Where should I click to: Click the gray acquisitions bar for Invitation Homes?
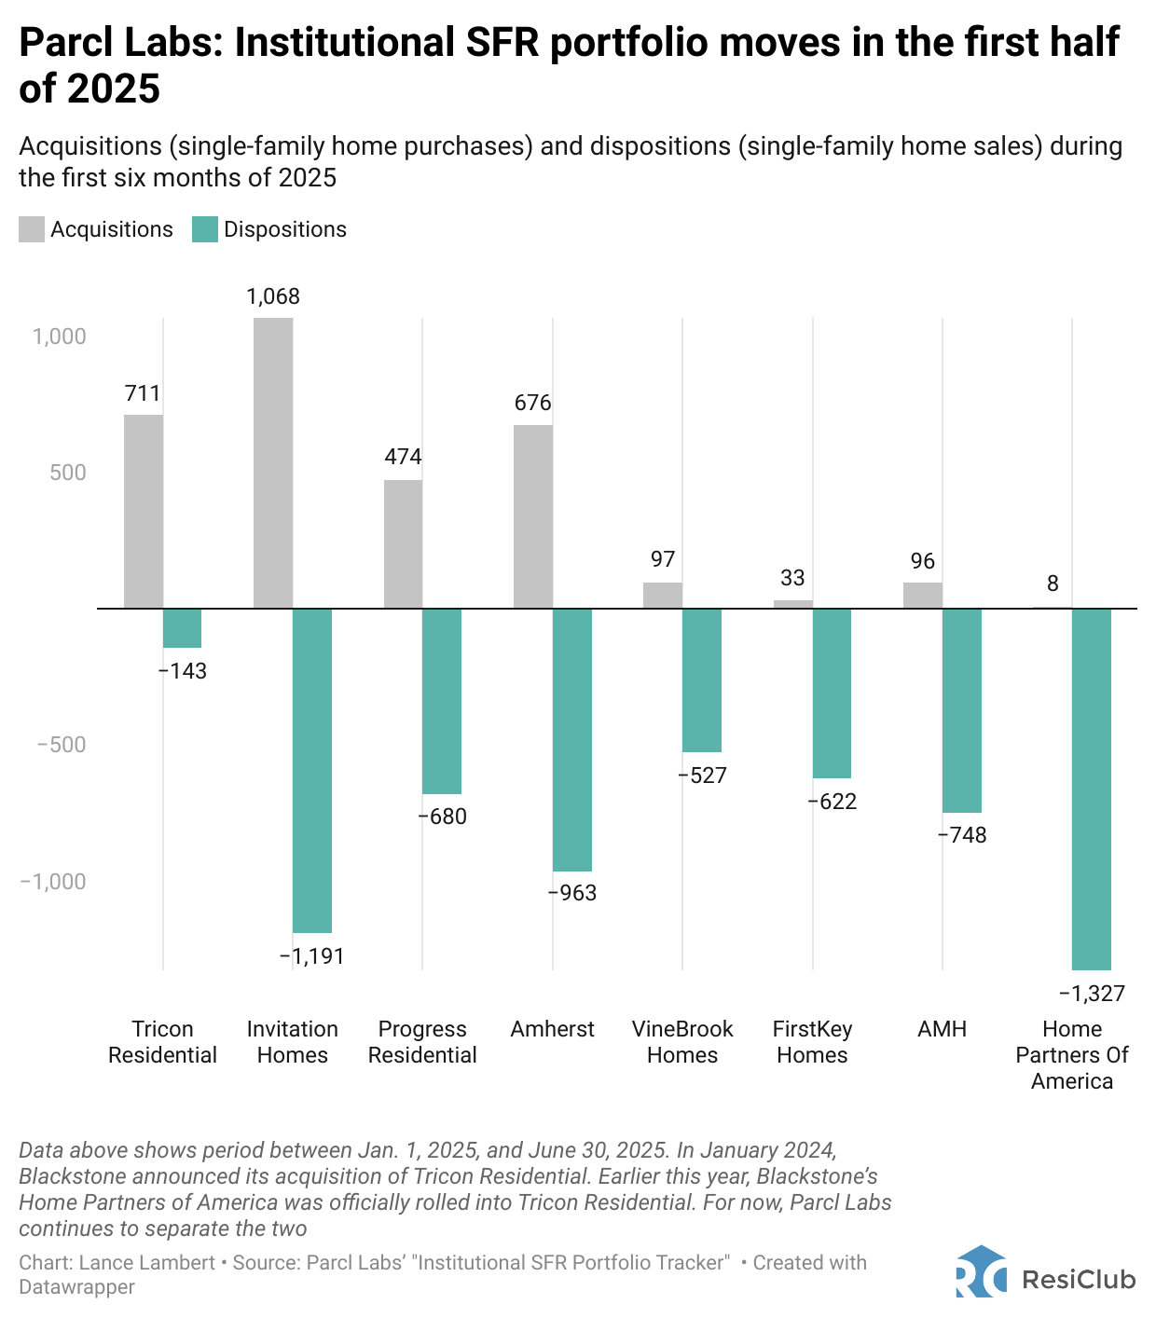click(273, 462)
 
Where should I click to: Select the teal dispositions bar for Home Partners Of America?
click(1092, 789)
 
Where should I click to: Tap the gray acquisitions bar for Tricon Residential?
click(144, 511)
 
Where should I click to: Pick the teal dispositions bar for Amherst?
click(572, 739)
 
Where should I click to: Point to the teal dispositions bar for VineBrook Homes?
click(702, 680)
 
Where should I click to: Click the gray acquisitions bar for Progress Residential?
click(403, 543)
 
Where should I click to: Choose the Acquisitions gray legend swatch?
click(32, 229)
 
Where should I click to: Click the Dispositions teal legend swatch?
click(205, 229)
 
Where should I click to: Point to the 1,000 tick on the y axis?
click(60, 336)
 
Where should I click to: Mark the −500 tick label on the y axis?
click(62, 745)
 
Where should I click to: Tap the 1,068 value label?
click(273, 296)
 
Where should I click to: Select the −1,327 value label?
click(1092, 994)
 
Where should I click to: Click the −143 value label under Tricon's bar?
click(183, 671)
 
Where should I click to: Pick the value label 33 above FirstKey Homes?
click(792, 578)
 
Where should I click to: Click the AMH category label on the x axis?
click(942, 1029)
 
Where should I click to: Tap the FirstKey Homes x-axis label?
click(812, 1042)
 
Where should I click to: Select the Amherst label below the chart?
click(552, 1029)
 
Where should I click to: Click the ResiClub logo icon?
click(981, 1272)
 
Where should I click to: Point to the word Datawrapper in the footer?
click(77, 1287)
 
